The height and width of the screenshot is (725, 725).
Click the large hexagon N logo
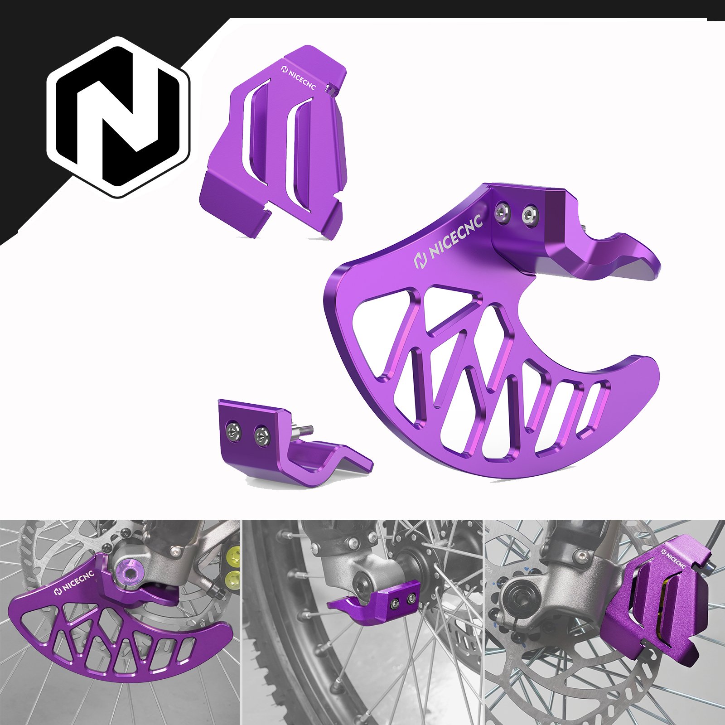coord(119,117)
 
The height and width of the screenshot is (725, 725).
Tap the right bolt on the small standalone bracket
coord(261,435)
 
